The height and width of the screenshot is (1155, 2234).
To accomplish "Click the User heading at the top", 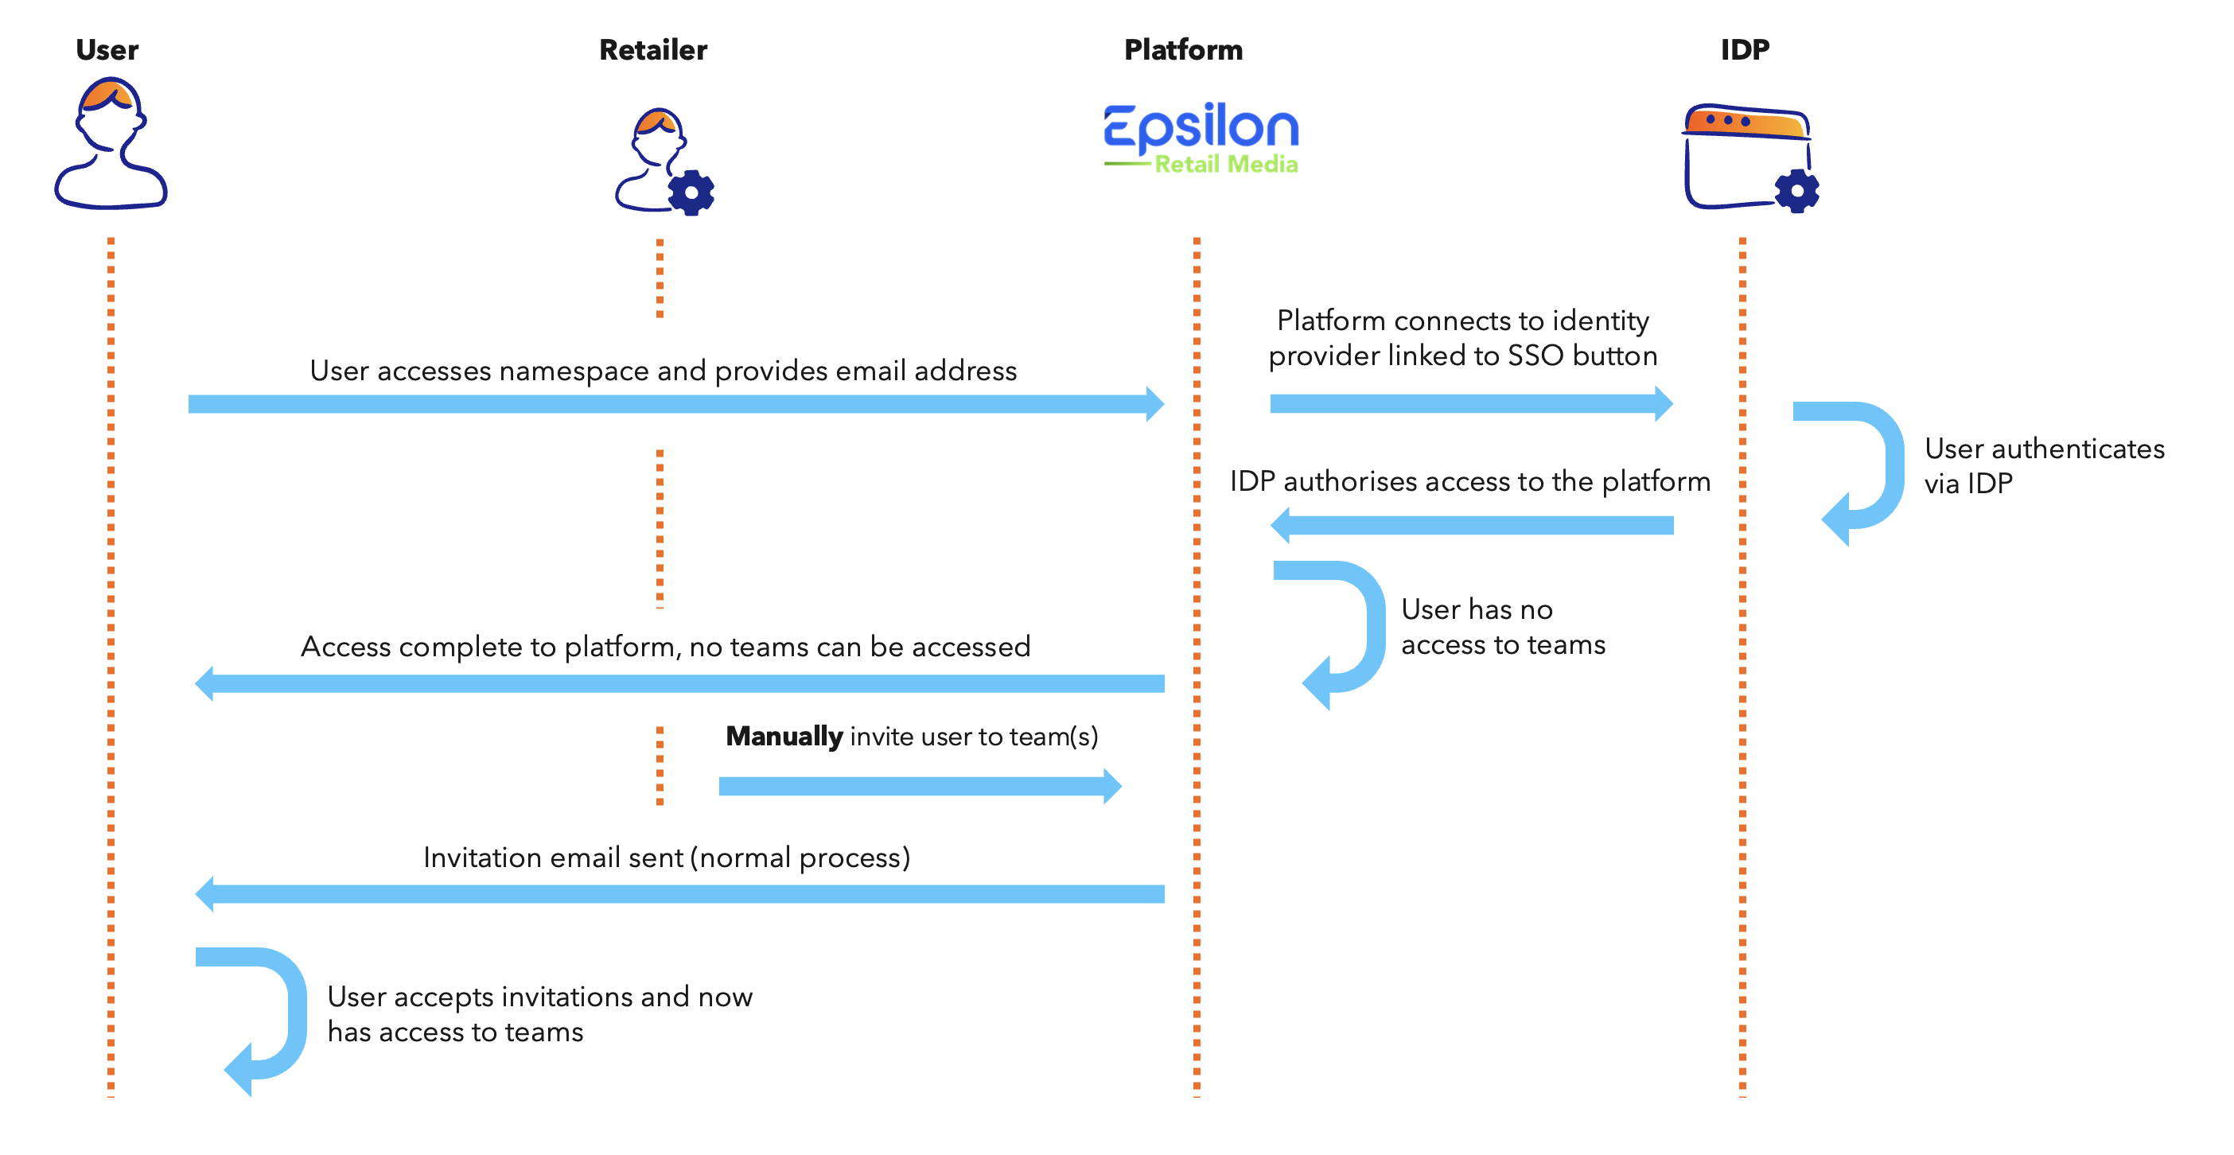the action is click(107, 49).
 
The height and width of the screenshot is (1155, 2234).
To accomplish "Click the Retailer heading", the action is click(653, 49).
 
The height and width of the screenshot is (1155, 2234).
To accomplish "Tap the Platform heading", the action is click(1183, 49).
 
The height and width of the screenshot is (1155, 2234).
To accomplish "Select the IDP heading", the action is click(1744, 49).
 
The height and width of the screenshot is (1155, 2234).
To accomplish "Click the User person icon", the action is click(110, 143).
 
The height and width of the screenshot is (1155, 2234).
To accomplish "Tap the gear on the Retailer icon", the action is click(691, 192).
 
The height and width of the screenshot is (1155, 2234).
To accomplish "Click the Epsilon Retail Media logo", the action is click(1201, 138).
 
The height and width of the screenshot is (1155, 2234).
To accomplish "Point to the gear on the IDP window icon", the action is click(1797, 191).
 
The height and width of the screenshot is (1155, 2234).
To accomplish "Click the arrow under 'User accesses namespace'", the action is click(676, 404).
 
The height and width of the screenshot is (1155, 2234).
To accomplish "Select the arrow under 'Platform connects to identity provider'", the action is click(1472, 403).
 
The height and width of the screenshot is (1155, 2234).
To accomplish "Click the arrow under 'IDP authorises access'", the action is click(1472, 526).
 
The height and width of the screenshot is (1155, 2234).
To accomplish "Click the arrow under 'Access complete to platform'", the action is click(680, 684).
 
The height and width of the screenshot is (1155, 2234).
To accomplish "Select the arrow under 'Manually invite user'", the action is click(920, 787).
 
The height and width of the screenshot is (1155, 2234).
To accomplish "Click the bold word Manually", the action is click(784, 736).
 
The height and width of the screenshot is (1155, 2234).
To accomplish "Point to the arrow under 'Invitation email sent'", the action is click(680, 894).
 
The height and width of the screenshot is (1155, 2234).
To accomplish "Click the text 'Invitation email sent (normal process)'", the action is click(667, 857).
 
